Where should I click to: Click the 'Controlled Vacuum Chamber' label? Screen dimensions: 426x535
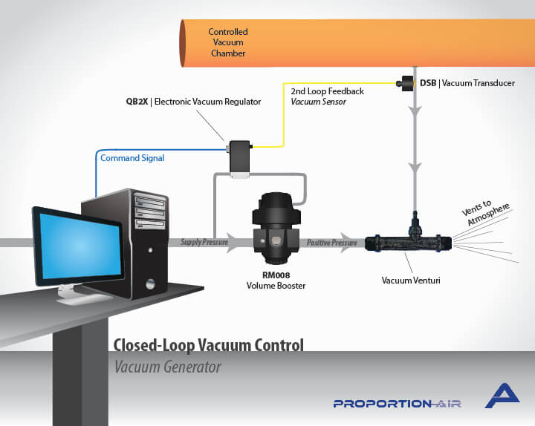click(x=227, y=42)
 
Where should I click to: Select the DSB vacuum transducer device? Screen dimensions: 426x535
click(x=408, y=83)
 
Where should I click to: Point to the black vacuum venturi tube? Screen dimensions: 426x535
click(x=406, y=242)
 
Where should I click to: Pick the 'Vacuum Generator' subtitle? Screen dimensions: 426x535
click(x=167, y=367)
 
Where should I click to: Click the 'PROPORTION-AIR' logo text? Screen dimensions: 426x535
click(x=397, y=404)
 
